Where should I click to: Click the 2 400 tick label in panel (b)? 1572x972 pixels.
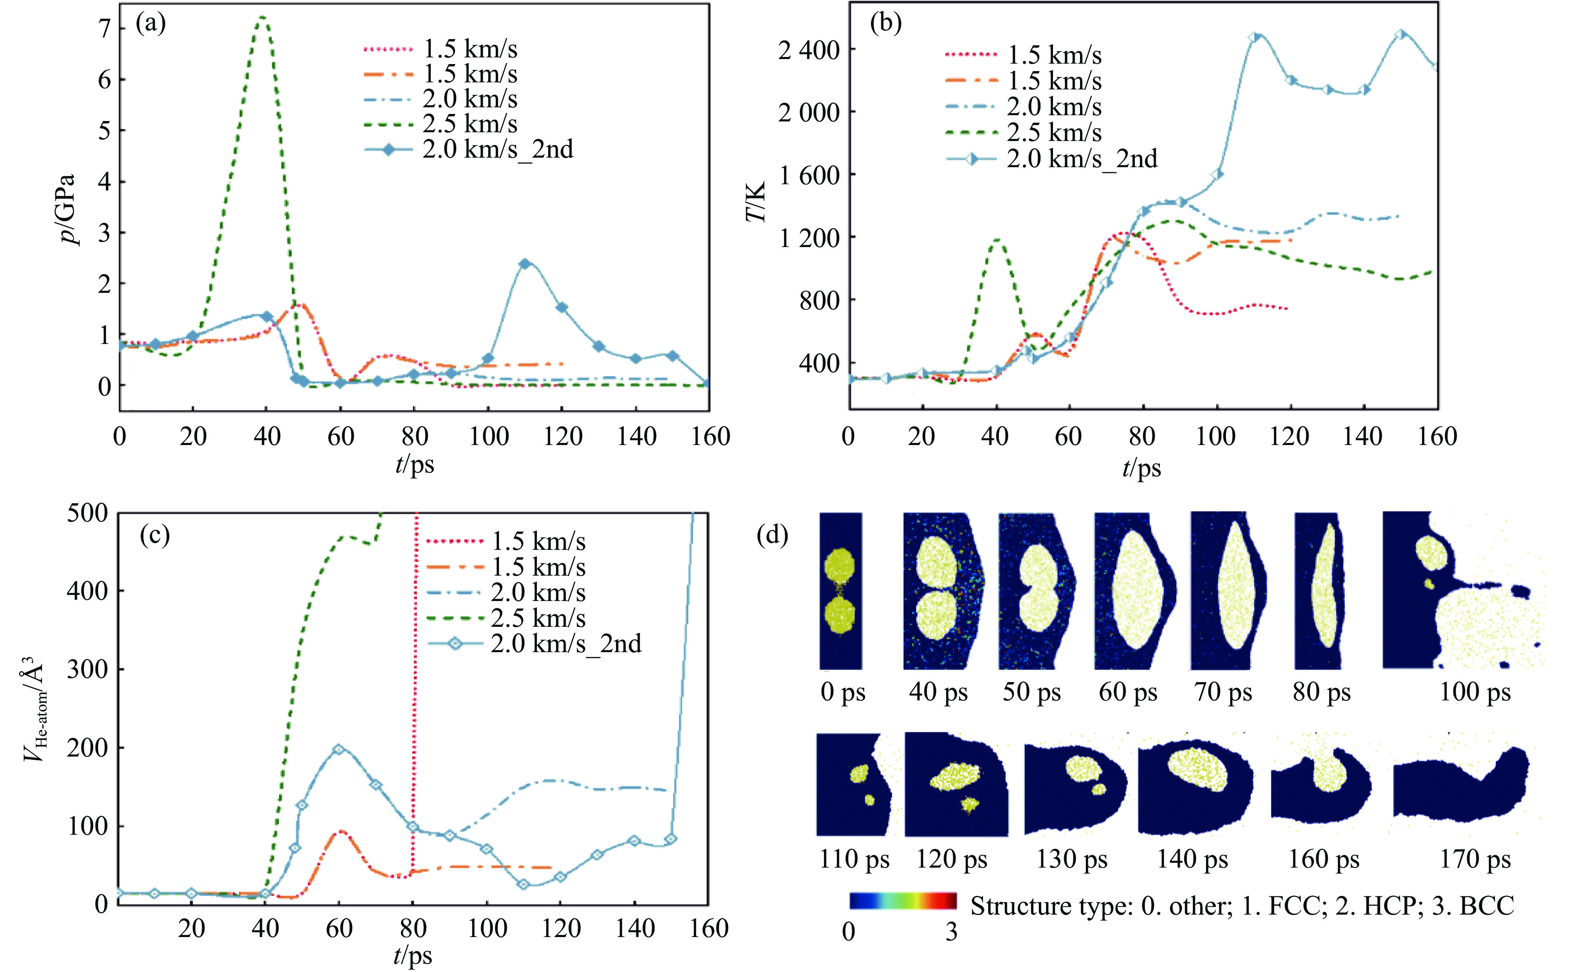coord(808,50)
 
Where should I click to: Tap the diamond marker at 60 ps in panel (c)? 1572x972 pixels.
coord(339,749)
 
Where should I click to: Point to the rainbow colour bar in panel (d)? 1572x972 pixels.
coord(902,900)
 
